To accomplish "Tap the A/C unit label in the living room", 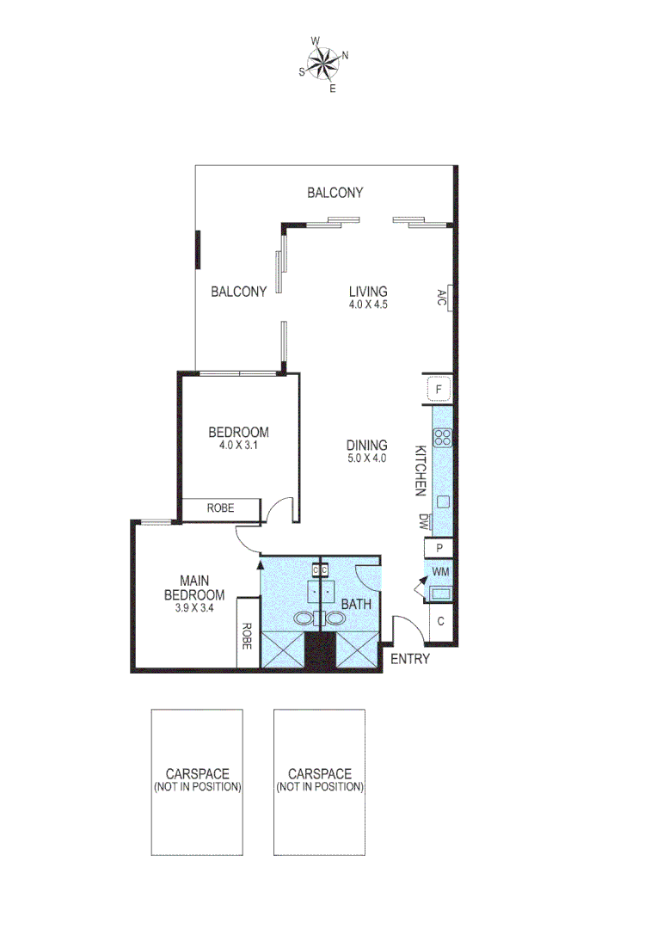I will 441,298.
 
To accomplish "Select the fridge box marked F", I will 439,390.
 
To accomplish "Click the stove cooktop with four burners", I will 443,437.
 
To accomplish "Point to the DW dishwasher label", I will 423,521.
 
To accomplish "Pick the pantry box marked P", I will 439,548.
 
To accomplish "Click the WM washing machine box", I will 440,571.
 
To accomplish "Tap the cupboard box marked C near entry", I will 440,621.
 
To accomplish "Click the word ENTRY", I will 410,660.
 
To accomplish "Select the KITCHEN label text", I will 421,471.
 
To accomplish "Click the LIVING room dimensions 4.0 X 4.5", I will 368,304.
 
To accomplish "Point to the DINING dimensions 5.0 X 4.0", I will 367,458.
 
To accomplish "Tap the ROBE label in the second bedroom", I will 220,509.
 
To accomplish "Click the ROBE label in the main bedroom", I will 247,635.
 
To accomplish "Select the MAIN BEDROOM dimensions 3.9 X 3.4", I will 194,607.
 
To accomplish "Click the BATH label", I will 356,604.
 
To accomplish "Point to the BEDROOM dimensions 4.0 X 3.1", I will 239,446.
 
